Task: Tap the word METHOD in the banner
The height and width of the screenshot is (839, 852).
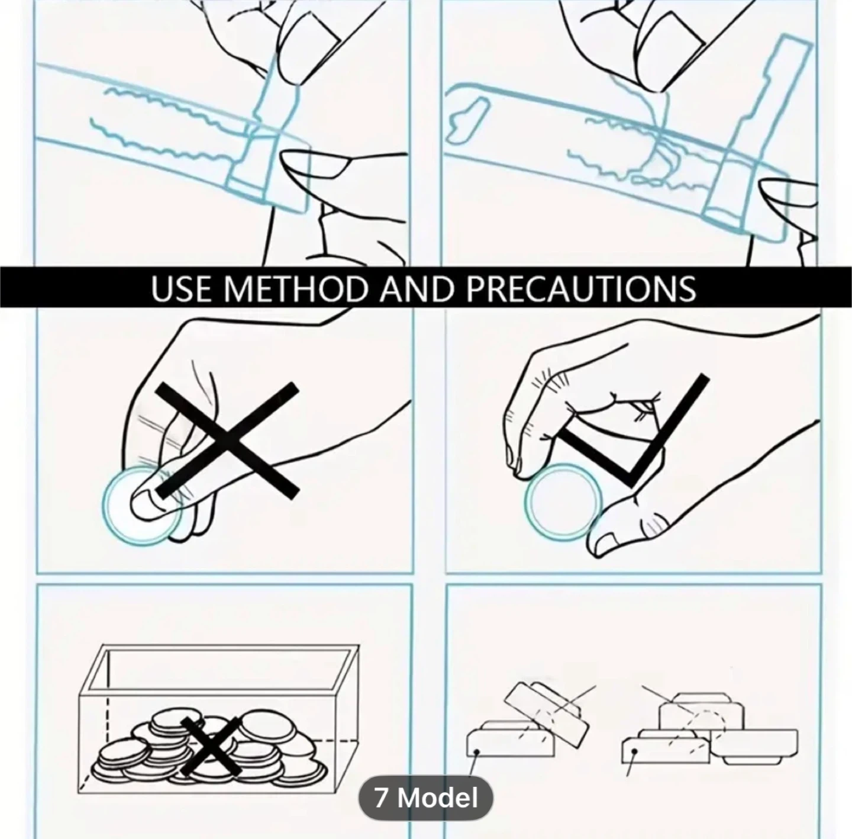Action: (294, 288)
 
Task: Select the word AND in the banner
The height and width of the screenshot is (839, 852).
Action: (413, 288)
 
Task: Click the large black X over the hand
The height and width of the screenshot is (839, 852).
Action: (227, 441)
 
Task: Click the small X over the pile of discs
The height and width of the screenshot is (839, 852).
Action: (211, 745)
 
